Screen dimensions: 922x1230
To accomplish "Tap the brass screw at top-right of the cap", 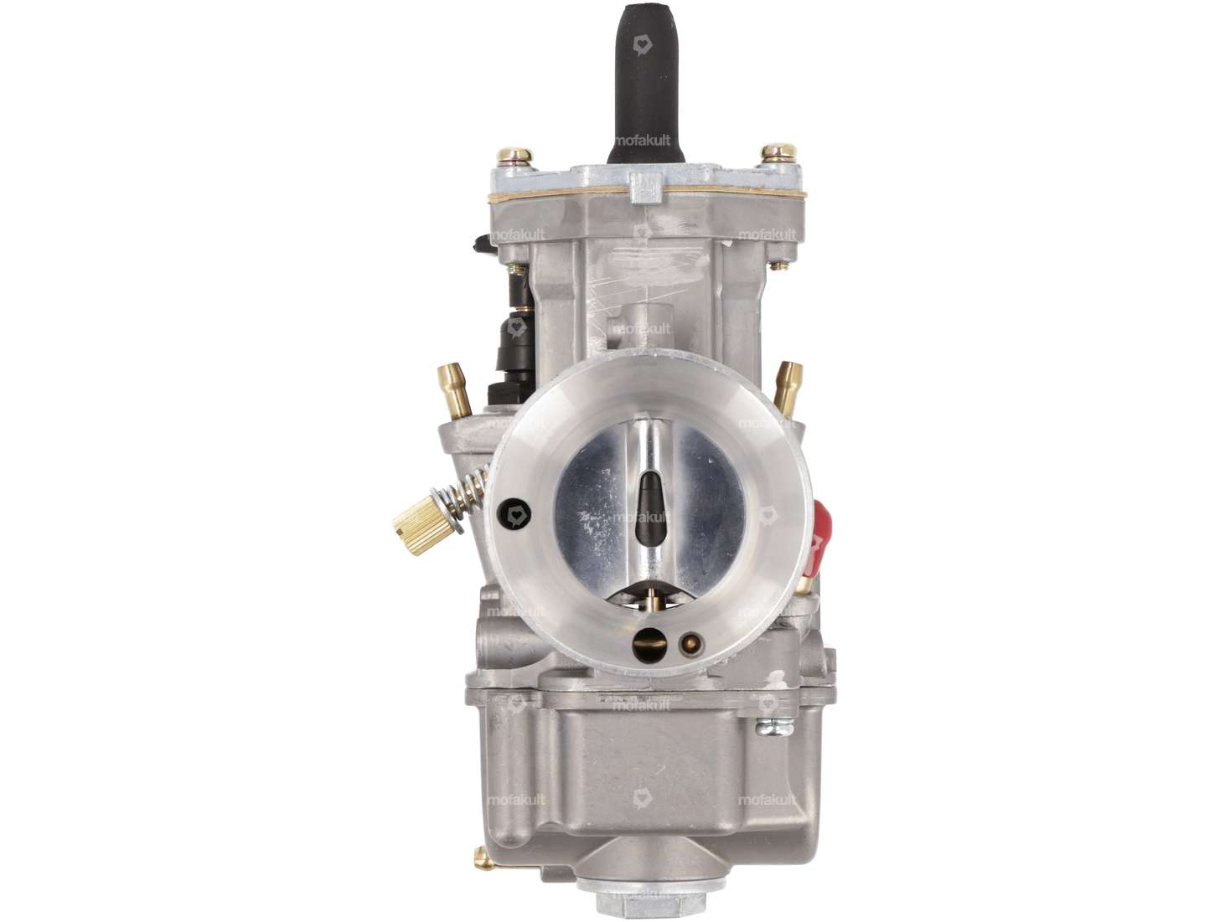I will click(x=778, y=153).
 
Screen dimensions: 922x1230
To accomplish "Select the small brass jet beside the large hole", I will click(x=690, y=644).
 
